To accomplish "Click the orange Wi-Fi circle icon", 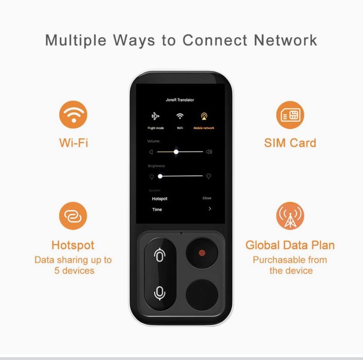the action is pos(73,114).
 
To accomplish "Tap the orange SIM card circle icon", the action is pos(290,115).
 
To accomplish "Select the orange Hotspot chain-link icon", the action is pos(73,216).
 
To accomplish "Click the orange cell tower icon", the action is pos(290,216).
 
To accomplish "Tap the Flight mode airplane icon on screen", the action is pos(155,116).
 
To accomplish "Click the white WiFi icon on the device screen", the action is pos(180,116).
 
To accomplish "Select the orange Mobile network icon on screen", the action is pos(204,116).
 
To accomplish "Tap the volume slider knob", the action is pos(176,152).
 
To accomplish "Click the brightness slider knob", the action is pos(160,177).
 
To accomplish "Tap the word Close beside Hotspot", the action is pos(207,198).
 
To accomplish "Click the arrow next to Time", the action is pos(210,209).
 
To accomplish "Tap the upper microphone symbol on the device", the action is pos(159,255).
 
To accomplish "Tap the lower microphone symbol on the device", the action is pos(159,293).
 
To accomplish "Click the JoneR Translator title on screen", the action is pos(180,100).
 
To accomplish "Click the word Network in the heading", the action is pos(286,40).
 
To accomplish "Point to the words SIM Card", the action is pos(290,143).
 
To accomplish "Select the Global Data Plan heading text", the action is pos(290,245).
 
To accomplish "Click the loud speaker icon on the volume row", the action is pos(209,152).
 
